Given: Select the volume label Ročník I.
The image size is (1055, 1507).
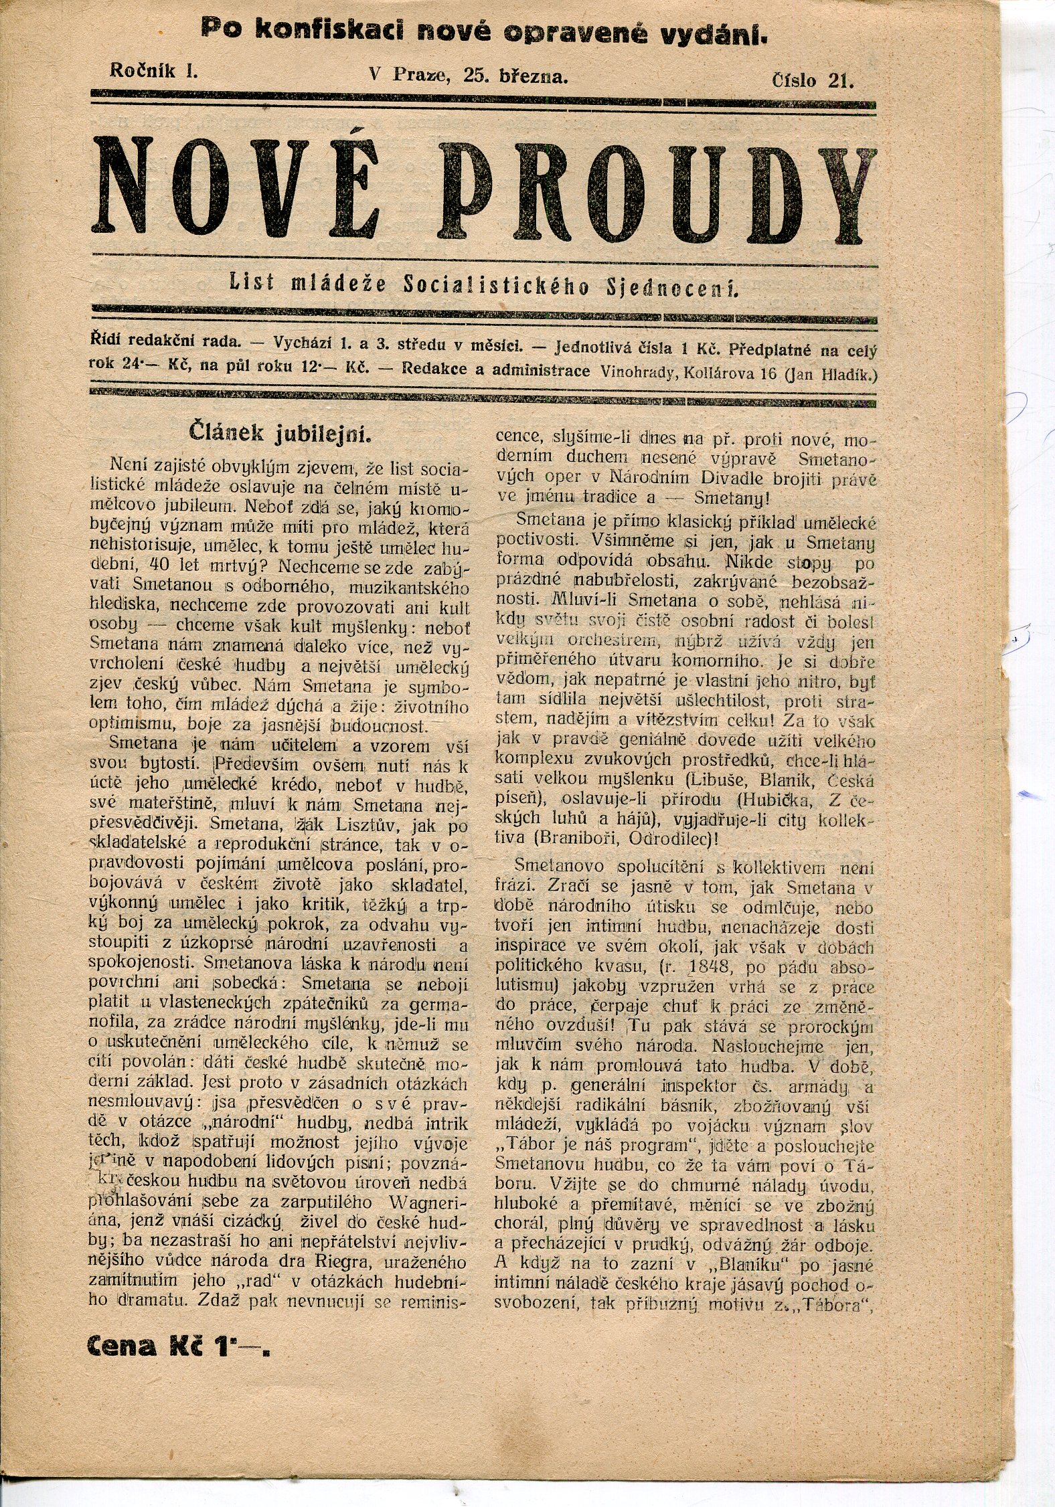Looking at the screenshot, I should [153, 73].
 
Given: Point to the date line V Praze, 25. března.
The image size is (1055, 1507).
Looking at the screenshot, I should [469, 76].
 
